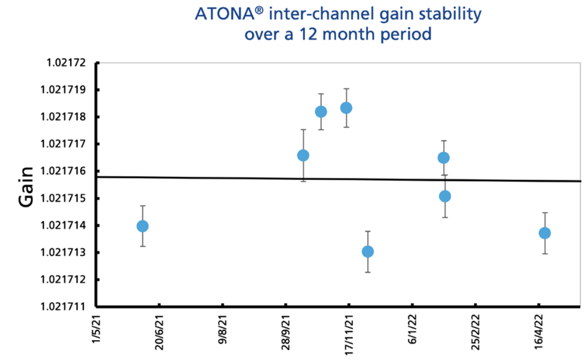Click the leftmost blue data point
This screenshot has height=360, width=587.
click(x=143, y=226)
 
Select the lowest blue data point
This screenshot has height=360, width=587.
click(x=367, y=252)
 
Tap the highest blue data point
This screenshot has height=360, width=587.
click(x=346, y=108)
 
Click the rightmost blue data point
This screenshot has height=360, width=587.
click(x=545, y=233)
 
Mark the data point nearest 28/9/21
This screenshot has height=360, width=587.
click(x=303, y=155)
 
